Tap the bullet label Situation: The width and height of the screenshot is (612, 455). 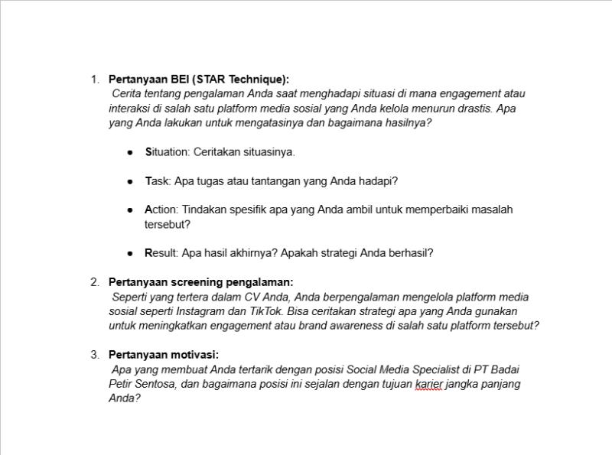(168, 152)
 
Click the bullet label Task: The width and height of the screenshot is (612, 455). (158, 181)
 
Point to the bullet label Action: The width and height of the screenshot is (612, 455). (161, 210)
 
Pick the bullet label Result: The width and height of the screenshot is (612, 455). (161, 253)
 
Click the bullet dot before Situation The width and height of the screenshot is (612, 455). (130, 153)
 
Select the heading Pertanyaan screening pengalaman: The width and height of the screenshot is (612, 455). (200, 282)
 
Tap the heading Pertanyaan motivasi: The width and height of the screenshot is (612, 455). (164, 355)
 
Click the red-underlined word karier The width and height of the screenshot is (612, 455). (428, 384)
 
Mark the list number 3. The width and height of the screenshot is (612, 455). (95, 355)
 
